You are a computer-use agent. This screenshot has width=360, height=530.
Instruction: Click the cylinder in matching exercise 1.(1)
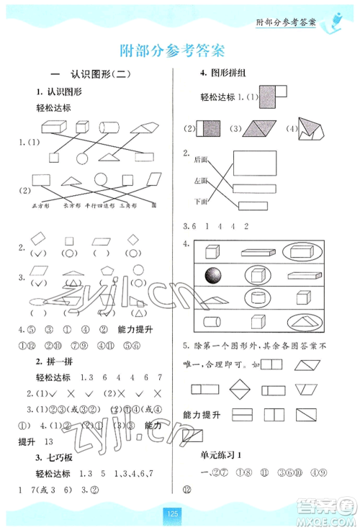[x=109, y=128]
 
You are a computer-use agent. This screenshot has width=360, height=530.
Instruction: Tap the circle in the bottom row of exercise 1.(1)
[x=81, y=158]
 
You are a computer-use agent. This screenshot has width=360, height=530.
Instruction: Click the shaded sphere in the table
[x=215, y=274]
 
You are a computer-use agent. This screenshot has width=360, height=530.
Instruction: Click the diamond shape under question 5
[x=239, y=390]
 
